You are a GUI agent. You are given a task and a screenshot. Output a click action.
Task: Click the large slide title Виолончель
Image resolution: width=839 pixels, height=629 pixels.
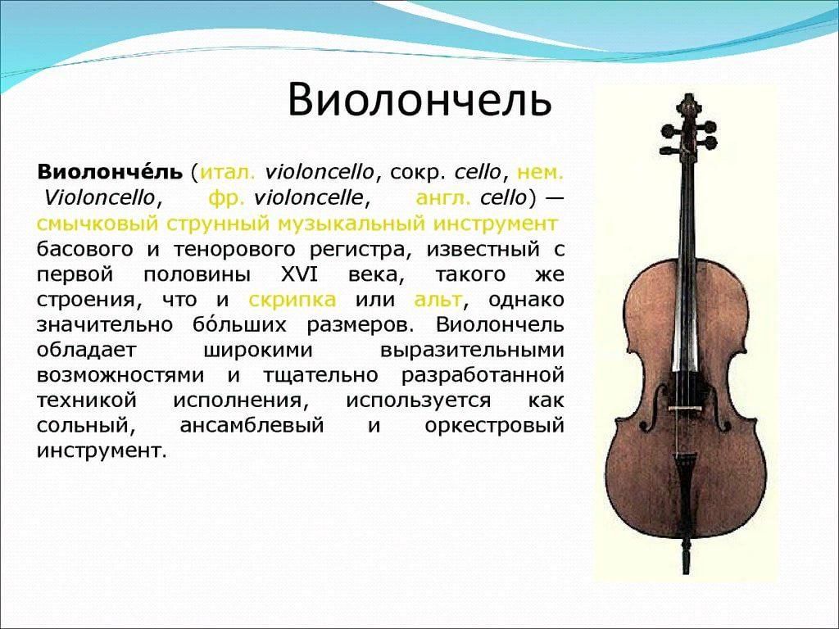coord(420,100)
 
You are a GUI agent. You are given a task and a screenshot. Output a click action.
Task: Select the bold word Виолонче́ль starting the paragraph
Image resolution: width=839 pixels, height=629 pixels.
coord(110,172)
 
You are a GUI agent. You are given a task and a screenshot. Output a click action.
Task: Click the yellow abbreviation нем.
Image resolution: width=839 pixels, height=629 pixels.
coord(541,173)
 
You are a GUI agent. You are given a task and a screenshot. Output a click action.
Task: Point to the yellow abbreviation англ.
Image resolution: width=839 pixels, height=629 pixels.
coord(443,198)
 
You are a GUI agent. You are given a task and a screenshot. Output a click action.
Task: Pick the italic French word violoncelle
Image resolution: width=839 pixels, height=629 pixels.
coord(309,198)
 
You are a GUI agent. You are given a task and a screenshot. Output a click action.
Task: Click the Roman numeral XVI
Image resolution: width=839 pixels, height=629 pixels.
coord(299,274)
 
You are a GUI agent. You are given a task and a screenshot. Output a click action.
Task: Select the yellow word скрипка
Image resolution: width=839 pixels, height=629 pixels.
coord(293,300)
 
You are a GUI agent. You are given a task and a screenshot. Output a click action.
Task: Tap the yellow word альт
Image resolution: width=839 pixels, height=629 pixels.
coord(438,300)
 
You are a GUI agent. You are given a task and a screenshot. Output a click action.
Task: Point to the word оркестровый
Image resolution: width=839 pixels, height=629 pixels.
coord(494,426)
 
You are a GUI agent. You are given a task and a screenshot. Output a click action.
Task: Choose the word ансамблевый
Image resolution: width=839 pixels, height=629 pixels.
coord(252,426)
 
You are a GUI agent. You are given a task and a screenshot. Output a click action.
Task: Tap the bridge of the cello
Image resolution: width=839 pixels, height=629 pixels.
coord(686,408)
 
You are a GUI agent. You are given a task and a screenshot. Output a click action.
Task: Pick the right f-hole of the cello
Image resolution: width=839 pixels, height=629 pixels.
coord(719,408)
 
